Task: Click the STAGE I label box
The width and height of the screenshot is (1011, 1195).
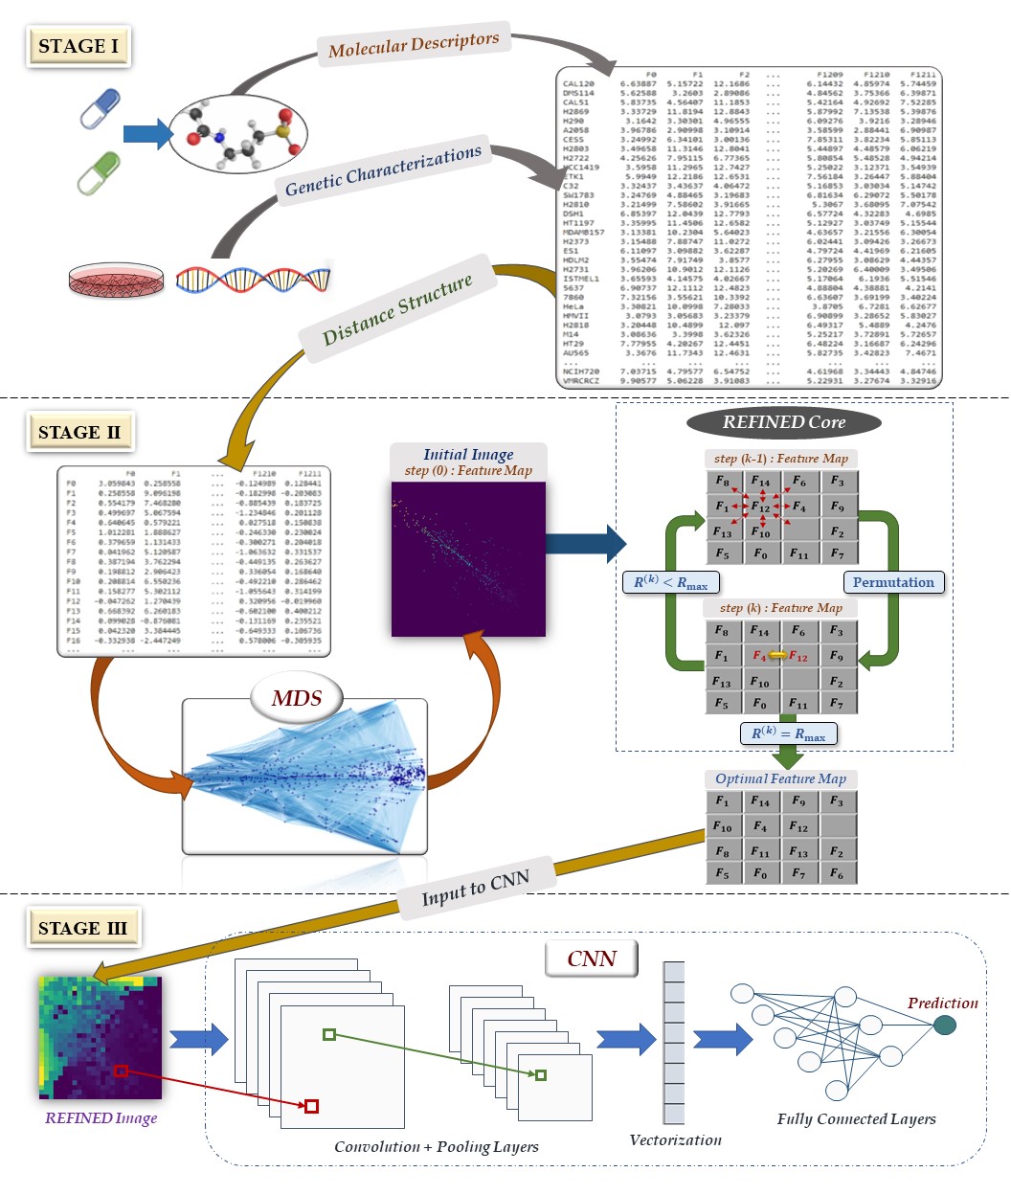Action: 79,46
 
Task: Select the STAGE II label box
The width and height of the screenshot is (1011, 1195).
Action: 79,433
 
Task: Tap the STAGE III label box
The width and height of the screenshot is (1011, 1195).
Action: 82,928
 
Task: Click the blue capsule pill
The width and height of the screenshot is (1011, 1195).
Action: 100,108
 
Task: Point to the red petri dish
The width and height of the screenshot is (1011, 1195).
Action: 116,280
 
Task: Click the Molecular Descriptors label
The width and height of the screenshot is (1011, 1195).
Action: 414,44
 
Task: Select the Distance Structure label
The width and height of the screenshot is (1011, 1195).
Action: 397,308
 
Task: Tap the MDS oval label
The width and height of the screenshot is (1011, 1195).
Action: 296,698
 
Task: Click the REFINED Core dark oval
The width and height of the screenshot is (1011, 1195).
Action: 783,422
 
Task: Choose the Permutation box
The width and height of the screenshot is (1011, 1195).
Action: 892,582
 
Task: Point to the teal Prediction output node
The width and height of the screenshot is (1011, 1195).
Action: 944,1026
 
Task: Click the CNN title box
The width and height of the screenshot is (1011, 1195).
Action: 592,958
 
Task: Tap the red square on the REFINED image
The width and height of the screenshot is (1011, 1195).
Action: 121,1071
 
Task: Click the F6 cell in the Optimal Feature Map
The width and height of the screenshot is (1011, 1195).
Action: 837,873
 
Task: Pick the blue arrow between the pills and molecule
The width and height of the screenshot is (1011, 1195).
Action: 147,134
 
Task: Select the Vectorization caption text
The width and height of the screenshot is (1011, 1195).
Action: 675,1139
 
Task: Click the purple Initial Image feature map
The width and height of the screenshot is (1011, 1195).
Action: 468,559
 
